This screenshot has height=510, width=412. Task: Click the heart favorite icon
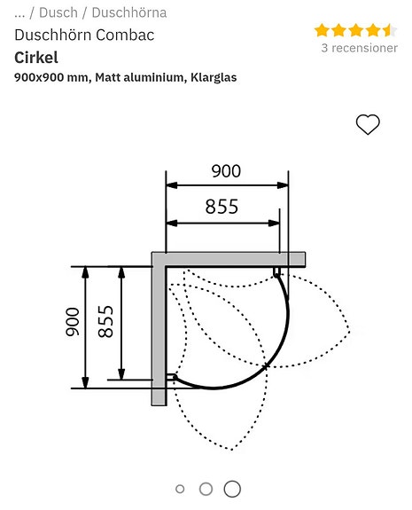point(368,125)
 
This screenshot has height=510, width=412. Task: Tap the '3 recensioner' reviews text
point(359,48)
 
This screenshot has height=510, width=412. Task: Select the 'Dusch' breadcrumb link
point(58,12)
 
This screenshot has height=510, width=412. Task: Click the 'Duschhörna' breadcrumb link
point(128,12)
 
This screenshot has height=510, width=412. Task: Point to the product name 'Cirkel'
point(35,57)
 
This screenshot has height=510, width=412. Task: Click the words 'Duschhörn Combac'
point(84,35)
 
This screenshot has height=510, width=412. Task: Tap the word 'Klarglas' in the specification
point(212,77)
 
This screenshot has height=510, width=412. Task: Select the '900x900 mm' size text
point(51,77)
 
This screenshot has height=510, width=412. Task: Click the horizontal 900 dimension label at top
point(226,171)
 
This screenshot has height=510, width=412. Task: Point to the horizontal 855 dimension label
point(222,207)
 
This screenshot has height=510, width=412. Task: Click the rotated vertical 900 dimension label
point(73,322)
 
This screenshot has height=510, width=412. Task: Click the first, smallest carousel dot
point(181,489)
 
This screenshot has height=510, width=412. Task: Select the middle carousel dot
point(206,489)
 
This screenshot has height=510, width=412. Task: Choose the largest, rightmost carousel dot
point(232,489)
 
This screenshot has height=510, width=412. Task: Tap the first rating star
point(322,30)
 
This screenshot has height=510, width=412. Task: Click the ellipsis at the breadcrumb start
point(19,12)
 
